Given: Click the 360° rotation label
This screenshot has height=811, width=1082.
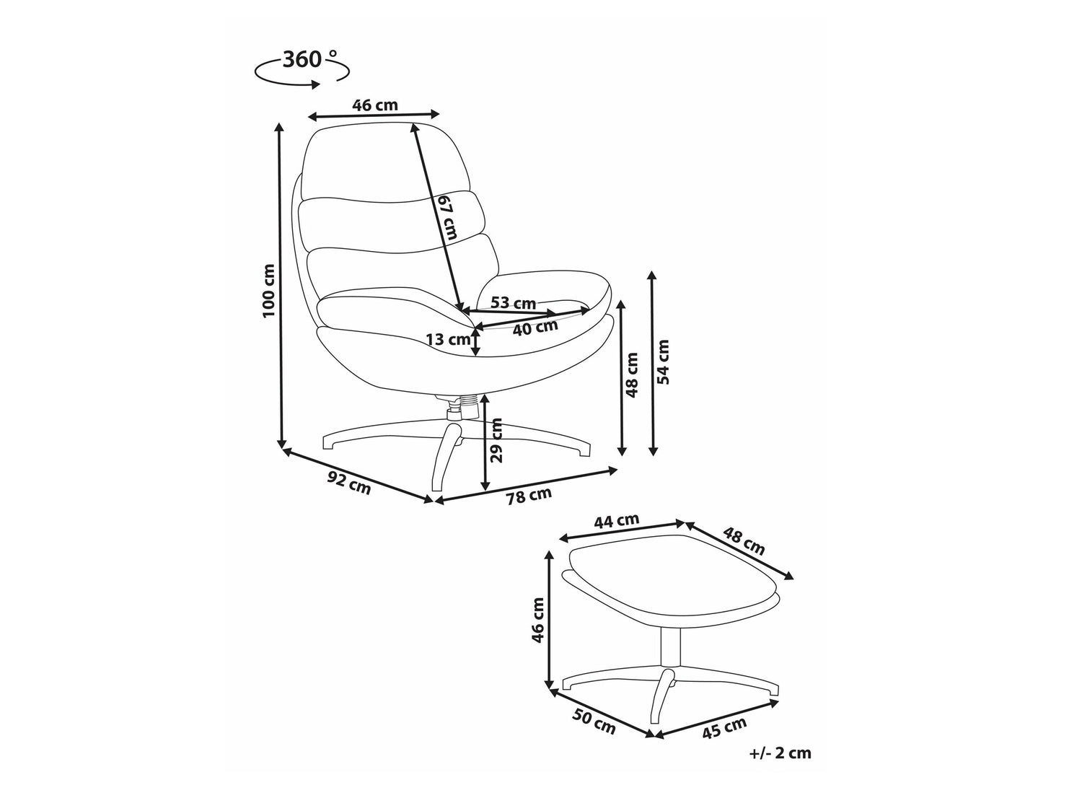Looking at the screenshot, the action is [x=309, y=60].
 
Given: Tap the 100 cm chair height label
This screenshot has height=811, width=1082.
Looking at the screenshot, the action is [x=268, y=291].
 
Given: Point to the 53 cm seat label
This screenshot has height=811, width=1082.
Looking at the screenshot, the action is [x=513, y=302].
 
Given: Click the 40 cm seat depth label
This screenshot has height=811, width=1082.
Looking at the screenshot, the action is [x=535, y=327].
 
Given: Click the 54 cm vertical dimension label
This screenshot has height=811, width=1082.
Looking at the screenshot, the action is [x=664, y=362].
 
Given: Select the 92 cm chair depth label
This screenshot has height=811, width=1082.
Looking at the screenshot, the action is [x=348, y=482].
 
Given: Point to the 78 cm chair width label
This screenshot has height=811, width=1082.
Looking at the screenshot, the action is [x=529, y=496].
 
